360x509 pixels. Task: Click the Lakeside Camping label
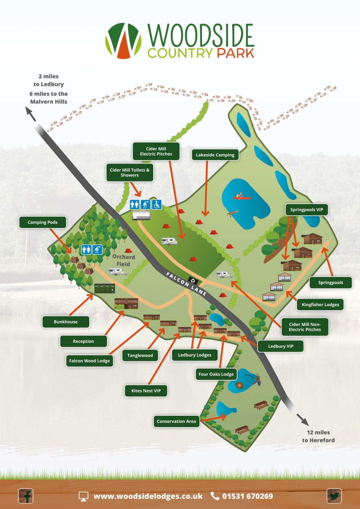coord(215,155)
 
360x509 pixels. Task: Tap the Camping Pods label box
coord(42,222)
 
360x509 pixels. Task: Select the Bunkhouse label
coord(66,322)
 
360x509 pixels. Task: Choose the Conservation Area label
coord(176,421)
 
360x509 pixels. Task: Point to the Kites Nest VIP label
coord(146,391)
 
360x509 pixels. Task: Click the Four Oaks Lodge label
coord(216,374)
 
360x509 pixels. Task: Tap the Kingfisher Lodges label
coord(320,305)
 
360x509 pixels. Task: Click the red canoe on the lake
coord(242,197)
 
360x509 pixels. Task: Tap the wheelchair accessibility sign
coord(157,204)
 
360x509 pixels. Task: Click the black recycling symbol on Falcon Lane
coord(193,280)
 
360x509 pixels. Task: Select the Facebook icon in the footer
coord(26,496)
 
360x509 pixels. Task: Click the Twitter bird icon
coord(334,496)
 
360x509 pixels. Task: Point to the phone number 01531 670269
coord(247,496)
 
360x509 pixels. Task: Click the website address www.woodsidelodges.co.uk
coord(148,496)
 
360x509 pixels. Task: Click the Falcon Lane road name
coord(186,284)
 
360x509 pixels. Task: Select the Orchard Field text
coord(123,260)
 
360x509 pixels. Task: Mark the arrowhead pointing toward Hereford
coord(305,422)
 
